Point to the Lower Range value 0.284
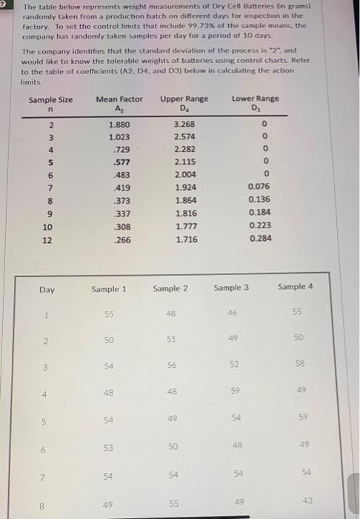tap(260, 239)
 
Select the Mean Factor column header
tap(119, 99)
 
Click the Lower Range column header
tap(256, 99)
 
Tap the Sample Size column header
tap(50, 100)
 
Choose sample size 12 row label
tap(47, 239)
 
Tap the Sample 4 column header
tap(296, 286)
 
